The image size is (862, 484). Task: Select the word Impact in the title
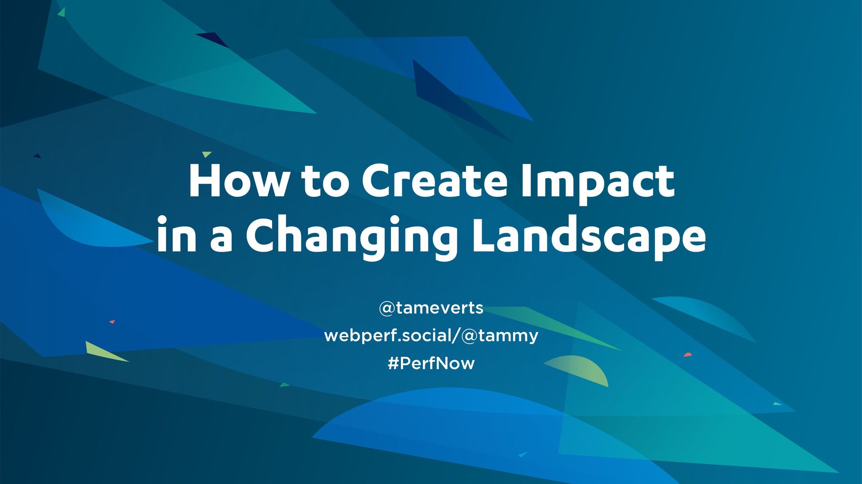(x=598, y=184)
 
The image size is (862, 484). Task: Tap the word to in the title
(x=325, y=181)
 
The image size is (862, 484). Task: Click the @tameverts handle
(x=431, y=308)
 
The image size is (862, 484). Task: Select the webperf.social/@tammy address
(x=431, y=336)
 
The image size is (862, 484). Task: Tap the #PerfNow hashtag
(x=431, y=363)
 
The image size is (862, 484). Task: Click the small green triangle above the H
(x=206, y=154)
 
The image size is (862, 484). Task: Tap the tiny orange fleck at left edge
(x=112, y=322)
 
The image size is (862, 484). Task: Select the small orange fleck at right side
(x=688, y=355)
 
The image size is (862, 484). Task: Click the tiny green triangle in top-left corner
(x=62, y=12)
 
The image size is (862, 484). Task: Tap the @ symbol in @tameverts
(x=387, y=308)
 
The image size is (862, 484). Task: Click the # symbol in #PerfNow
(x=393, y=363)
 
